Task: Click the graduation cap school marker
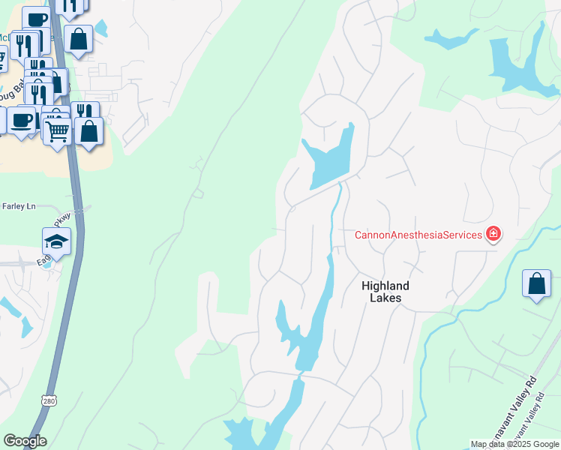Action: (x=57, y=241)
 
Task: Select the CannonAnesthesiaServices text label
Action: (x=418, y=235)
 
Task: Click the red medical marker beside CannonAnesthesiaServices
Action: (x=493, y=234)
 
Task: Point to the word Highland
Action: (x=385, y=286)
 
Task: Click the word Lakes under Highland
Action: (x=385, y=298)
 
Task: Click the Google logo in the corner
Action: (x=25, y=441)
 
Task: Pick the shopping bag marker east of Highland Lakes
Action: (x=536, y=284)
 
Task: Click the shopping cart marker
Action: (x=57, y=132)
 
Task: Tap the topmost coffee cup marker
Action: (x=35, y=18)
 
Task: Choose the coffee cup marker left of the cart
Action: (x=22, y=120)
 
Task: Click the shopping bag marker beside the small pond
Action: (x=78, y=40)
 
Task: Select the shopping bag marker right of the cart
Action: (x=88, y=131)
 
